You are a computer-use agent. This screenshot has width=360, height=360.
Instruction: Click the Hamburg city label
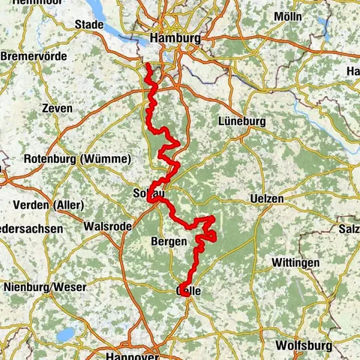coord(175,37)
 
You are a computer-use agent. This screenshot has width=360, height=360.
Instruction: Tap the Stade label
coord(89,25)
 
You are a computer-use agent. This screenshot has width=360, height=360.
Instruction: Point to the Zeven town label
coord(58,109)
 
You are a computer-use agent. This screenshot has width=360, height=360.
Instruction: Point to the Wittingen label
coord(294,262)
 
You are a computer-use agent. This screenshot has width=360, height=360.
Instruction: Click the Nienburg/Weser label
coord(45,286)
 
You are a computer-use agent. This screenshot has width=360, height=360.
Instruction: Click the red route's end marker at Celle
coord(185,291)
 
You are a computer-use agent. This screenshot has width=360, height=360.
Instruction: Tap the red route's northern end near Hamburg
coord(148,66)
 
